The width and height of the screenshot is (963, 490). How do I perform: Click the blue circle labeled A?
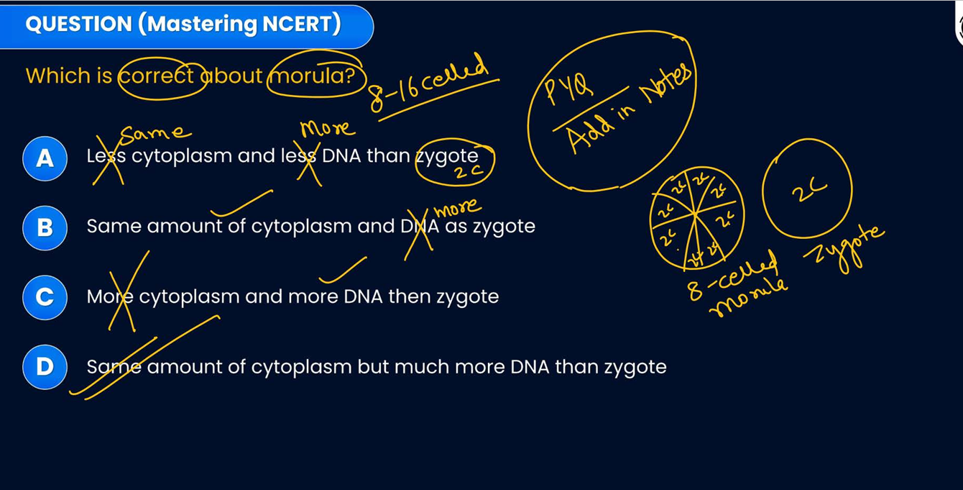[x=45, y=158]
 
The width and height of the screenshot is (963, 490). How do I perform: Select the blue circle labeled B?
[x=45, y=227]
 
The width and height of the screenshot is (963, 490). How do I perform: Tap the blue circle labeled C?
[x=45, y=297]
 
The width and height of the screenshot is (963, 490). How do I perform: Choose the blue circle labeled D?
[x=45, y=367]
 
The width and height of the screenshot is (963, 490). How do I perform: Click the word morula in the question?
[x=313, y=76]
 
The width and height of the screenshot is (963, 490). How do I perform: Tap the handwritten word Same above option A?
[x=155, y=132]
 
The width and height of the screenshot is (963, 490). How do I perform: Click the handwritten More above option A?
[x=327, y=129]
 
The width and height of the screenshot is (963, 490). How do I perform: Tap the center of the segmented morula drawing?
[x=695, y=214]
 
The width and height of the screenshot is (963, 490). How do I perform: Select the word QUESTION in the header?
[x=78, y=24]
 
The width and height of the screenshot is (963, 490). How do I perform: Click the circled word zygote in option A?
[x=448, y=155]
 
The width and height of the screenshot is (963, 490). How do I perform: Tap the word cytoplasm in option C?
[x=189, y=296]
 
